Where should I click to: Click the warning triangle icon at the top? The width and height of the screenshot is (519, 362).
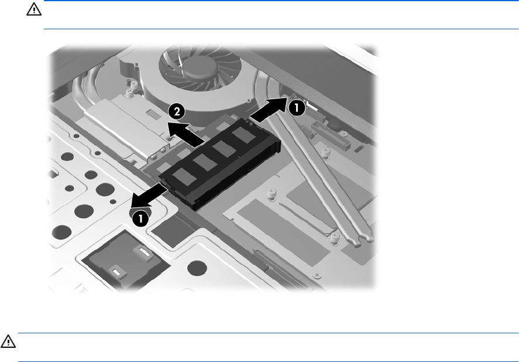pos(34,9)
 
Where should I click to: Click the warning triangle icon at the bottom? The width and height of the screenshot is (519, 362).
pos(8,341)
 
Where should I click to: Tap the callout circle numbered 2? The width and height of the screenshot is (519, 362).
pos(177,111)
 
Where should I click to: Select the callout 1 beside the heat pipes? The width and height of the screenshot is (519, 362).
pos(297,108)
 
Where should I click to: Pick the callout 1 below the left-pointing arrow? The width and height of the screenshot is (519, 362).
pos(140,219)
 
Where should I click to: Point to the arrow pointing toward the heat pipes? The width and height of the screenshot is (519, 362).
pos(269,109)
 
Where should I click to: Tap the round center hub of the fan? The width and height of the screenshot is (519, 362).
pos(200,68)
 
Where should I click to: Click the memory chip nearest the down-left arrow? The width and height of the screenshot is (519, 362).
pos(184,176)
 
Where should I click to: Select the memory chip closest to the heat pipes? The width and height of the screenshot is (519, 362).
pos(243,135)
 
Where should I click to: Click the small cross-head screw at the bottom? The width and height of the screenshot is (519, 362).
pos(317,275)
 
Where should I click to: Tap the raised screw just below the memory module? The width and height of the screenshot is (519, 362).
pos(271,194)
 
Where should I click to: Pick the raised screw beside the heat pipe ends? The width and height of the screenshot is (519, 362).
pos(335,238)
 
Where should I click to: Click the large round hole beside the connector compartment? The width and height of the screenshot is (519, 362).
pos(197,268)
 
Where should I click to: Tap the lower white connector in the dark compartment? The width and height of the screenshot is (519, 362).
pos(116,272)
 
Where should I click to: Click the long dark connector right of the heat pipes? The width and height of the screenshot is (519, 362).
pos(331,136)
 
